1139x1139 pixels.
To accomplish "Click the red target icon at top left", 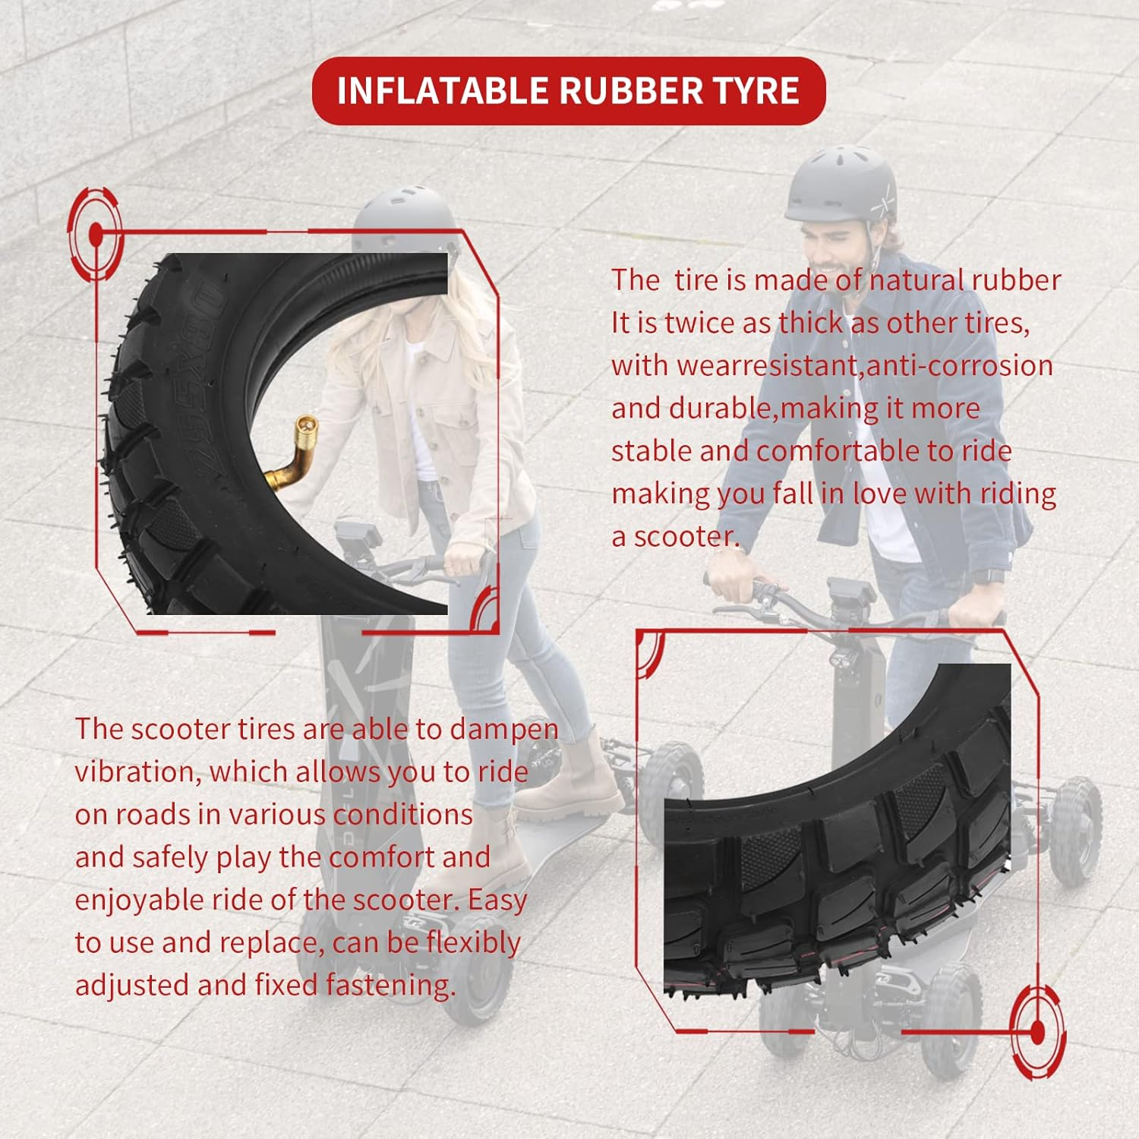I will (95, 235).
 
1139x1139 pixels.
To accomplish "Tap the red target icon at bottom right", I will (1036, 1032).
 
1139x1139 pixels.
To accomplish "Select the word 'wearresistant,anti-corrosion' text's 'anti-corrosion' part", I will (960, 366).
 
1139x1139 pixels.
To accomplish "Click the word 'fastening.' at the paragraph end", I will (391, 986).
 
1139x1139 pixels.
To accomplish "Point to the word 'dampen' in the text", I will (504, 730).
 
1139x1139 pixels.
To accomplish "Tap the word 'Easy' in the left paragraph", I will (497, 900).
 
